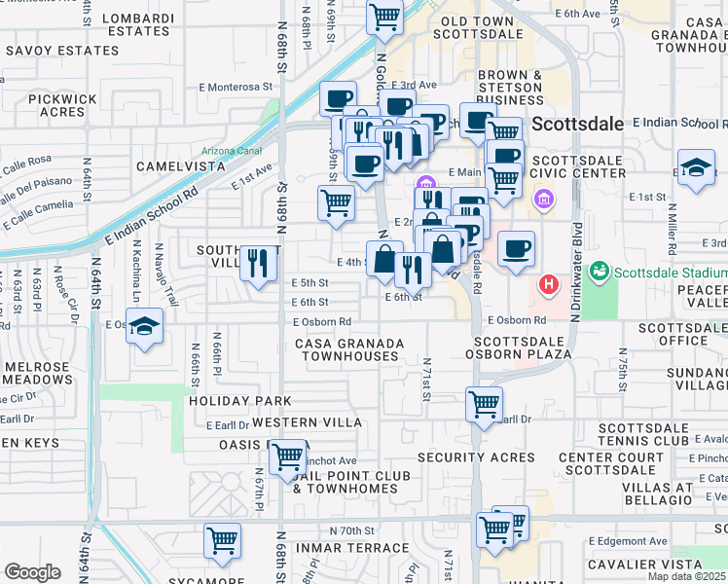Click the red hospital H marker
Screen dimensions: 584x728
[x=549, y=285]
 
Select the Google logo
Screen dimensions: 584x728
[x=31, y=572]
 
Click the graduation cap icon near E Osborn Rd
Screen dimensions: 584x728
[x=144, y=327]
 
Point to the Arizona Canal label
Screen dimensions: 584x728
[x=232, y=151]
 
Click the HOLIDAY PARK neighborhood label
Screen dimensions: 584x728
[x=240, y=401]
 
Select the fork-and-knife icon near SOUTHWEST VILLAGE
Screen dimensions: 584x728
[x=258, y=263]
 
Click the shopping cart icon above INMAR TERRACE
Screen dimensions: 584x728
[x=223, y=541]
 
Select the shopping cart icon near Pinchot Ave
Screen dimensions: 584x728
[x=287, y=456]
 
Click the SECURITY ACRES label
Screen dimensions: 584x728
[x=475, y=457]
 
